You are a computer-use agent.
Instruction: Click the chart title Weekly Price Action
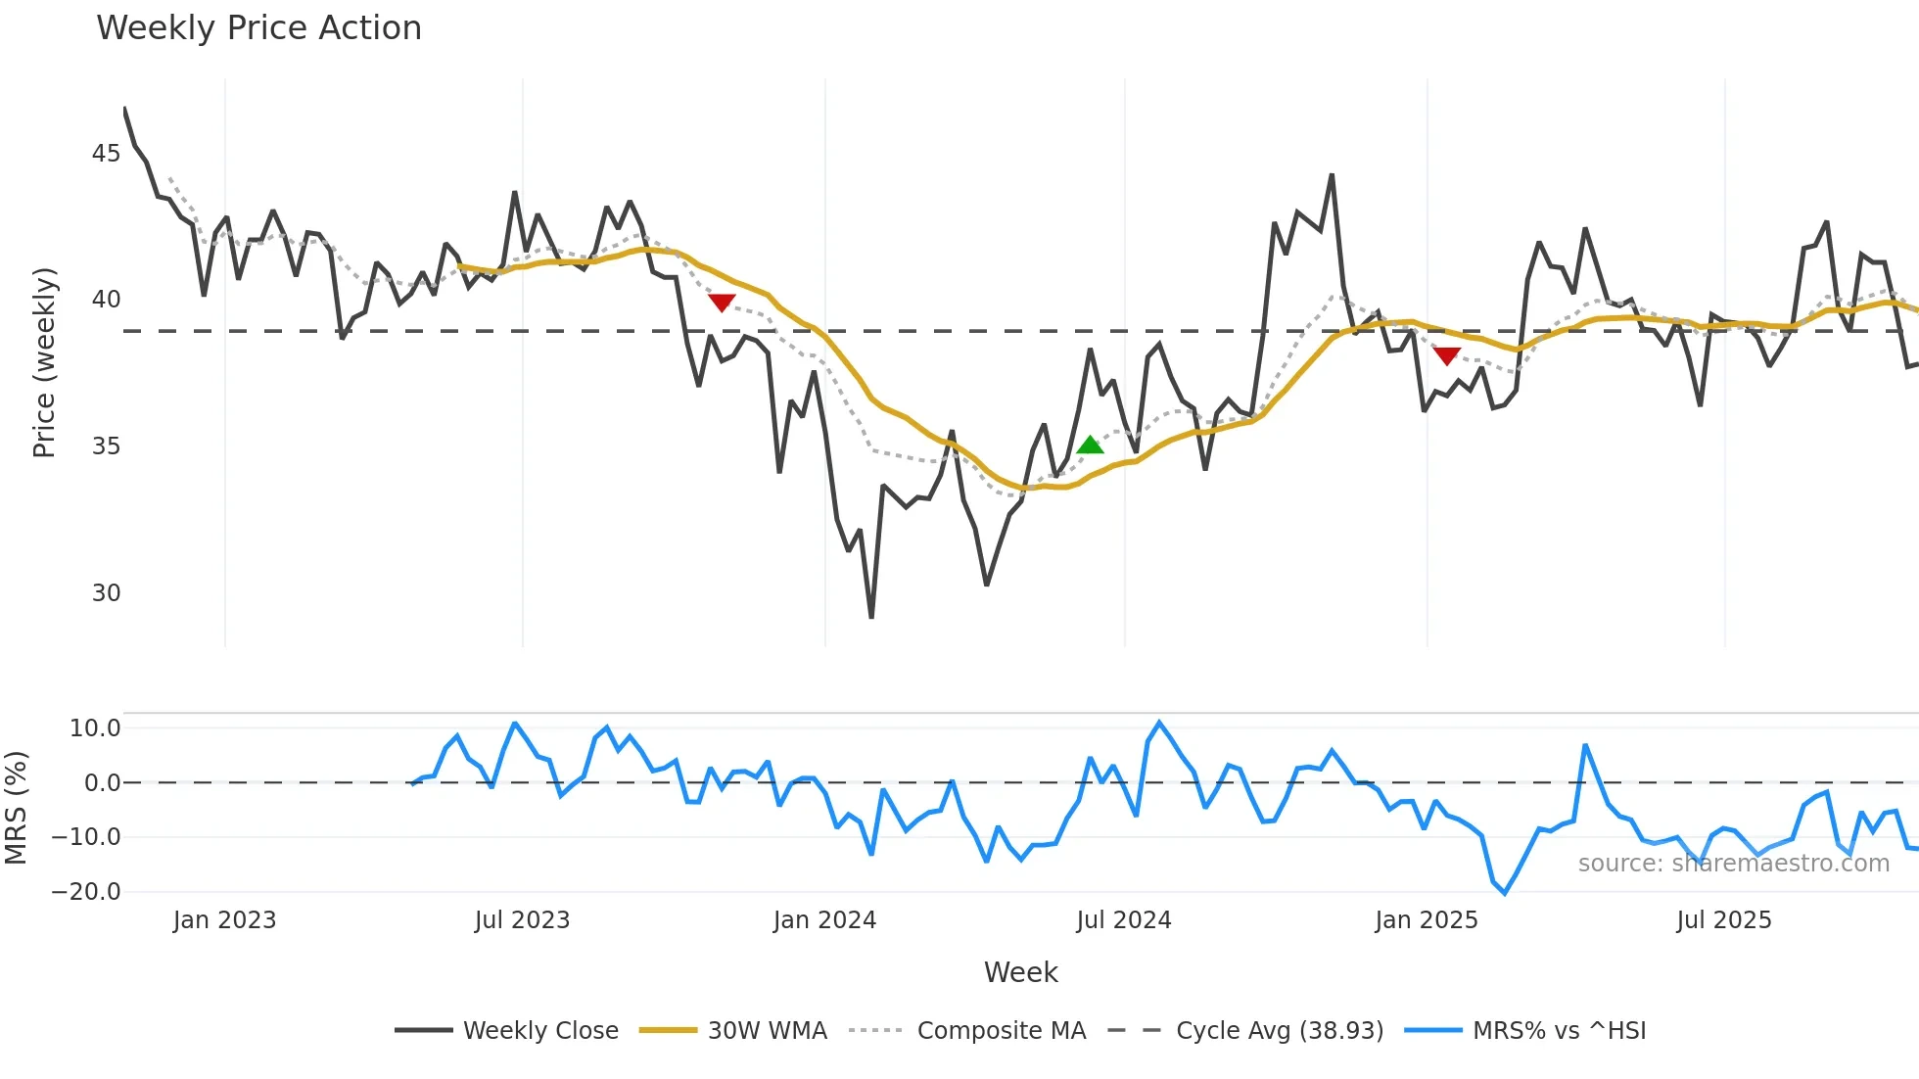point(258,28)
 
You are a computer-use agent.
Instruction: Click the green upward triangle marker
point(1090,446)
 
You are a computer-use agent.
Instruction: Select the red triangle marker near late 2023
point(722,303)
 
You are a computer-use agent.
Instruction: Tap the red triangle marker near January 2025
point(1447,356)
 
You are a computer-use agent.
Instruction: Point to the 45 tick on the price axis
point(106,154)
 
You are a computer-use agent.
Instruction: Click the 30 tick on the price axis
point(106,593)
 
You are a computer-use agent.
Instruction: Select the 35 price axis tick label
point(106,446)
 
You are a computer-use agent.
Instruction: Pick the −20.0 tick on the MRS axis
point(86,892)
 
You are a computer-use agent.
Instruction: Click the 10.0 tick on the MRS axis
point(95,728)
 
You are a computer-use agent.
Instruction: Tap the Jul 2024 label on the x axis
point(1123,920)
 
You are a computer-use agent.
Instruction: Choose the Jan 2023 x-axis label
point(224,920)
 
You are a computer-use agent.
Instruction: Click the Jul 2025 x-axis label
point(1723,920)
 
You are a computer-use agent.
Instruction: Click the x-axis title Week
point(1020,972)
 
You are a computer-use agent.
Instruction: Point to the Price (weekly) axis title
point(44,362)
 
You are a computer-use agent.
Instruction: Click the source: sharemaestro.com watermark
point(1733,864)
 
